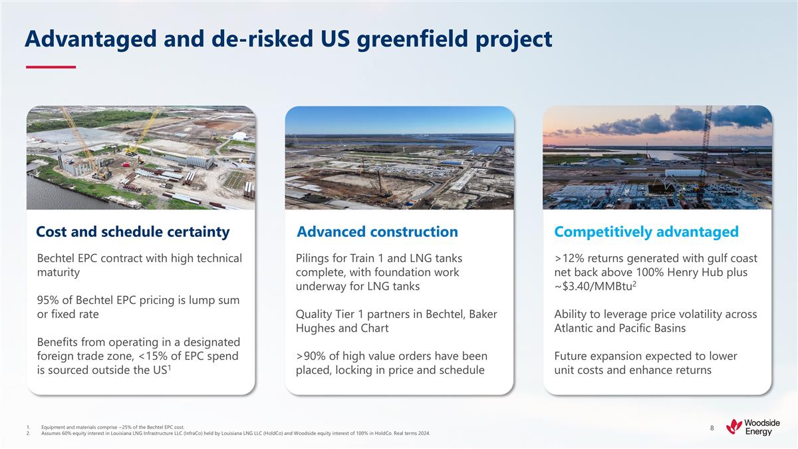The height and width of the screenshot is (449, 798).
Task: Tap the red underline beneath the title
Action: (x=51, y=67)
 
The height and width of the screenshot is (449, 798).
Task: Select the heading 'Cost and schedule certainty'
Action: (x=132, y=231)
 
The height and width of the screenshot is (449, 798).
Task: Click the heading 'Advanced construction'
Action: (x=377, y=231)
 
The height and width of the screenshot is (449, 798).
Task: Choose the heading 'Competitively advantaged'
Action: (x=646, y=231)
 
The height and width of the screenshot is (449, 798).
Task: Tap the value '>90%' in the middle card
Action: (x=310, y=356)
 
